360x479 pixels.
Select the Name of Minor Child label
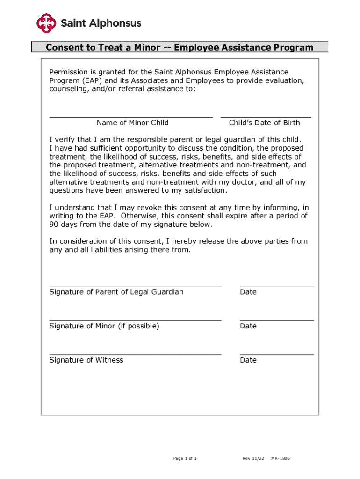pos(132,123)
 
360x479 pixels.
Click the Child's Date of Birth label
pos(264,123)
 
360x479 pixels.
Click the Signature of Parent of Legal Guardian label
pos(116,292)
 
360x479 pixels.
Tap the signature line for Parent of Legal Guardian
pos(135,286)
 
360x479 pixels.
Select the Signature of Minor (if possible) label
pos(104,326)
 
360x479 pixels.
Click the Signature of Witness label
pos(86,360)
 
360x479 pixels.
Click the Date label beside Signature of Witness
pos(248,360)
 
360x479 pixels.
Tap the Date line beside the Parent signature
pos(277,286)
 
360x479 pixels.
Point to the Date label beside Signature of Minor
pos(248,326)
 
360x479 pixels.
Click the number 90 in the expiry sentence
pos(54,225)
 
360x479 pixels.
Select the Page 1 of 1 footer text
pos(185,458)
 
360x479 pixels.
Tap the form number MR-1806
pos(281,458)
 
